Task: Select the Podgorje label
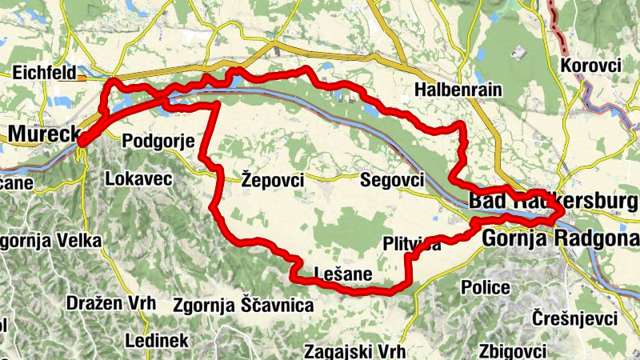click(158, 142)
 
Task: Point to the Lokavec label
click(138, 178)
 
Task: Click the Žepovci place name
click(272, 181)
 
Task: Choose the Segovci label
click(392, 179)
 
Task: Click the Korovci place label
click(591, 66)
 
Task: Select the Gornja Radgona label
click(560, 238)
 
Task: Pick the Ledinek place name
click(156, 341)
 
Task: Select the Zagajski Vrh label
click(355, 351)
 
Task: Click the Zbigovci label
click(512, 351)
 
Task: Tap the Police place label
click(486, 287)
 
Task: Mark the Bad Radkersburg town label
click(552, 200)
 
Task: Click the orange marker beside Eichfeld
click(82, 78)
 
